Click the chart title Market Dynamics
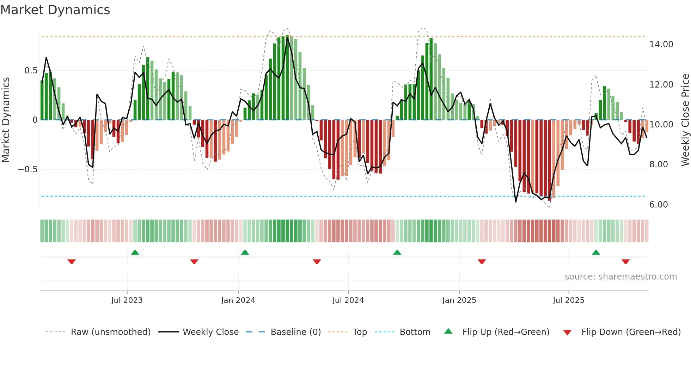pos(55,10)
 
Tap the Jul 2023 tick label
pos(127,300)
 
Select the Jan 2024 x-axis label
pos(238,300)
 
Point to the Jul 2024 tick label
pos(348,300)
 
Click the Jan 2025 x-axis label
pos(459,300)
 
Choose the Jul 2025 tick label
pos(569,300)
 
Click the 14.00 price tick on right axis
pos(661,44)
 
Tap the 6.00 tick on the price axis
pos(659,205)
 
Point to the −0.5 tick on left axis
pos(28,169)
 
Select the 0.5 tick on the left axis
pos(31,71)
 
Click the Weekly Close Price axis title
pos(685,120)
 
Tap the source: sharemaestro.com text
pos(620,277)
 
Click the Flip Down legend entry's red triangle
pos(567,333)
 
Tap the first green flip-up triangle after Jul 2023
pos(135,252)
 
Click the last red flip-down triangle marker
pos(626,262)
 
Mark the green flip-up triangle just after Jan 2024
pos(245,252)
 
